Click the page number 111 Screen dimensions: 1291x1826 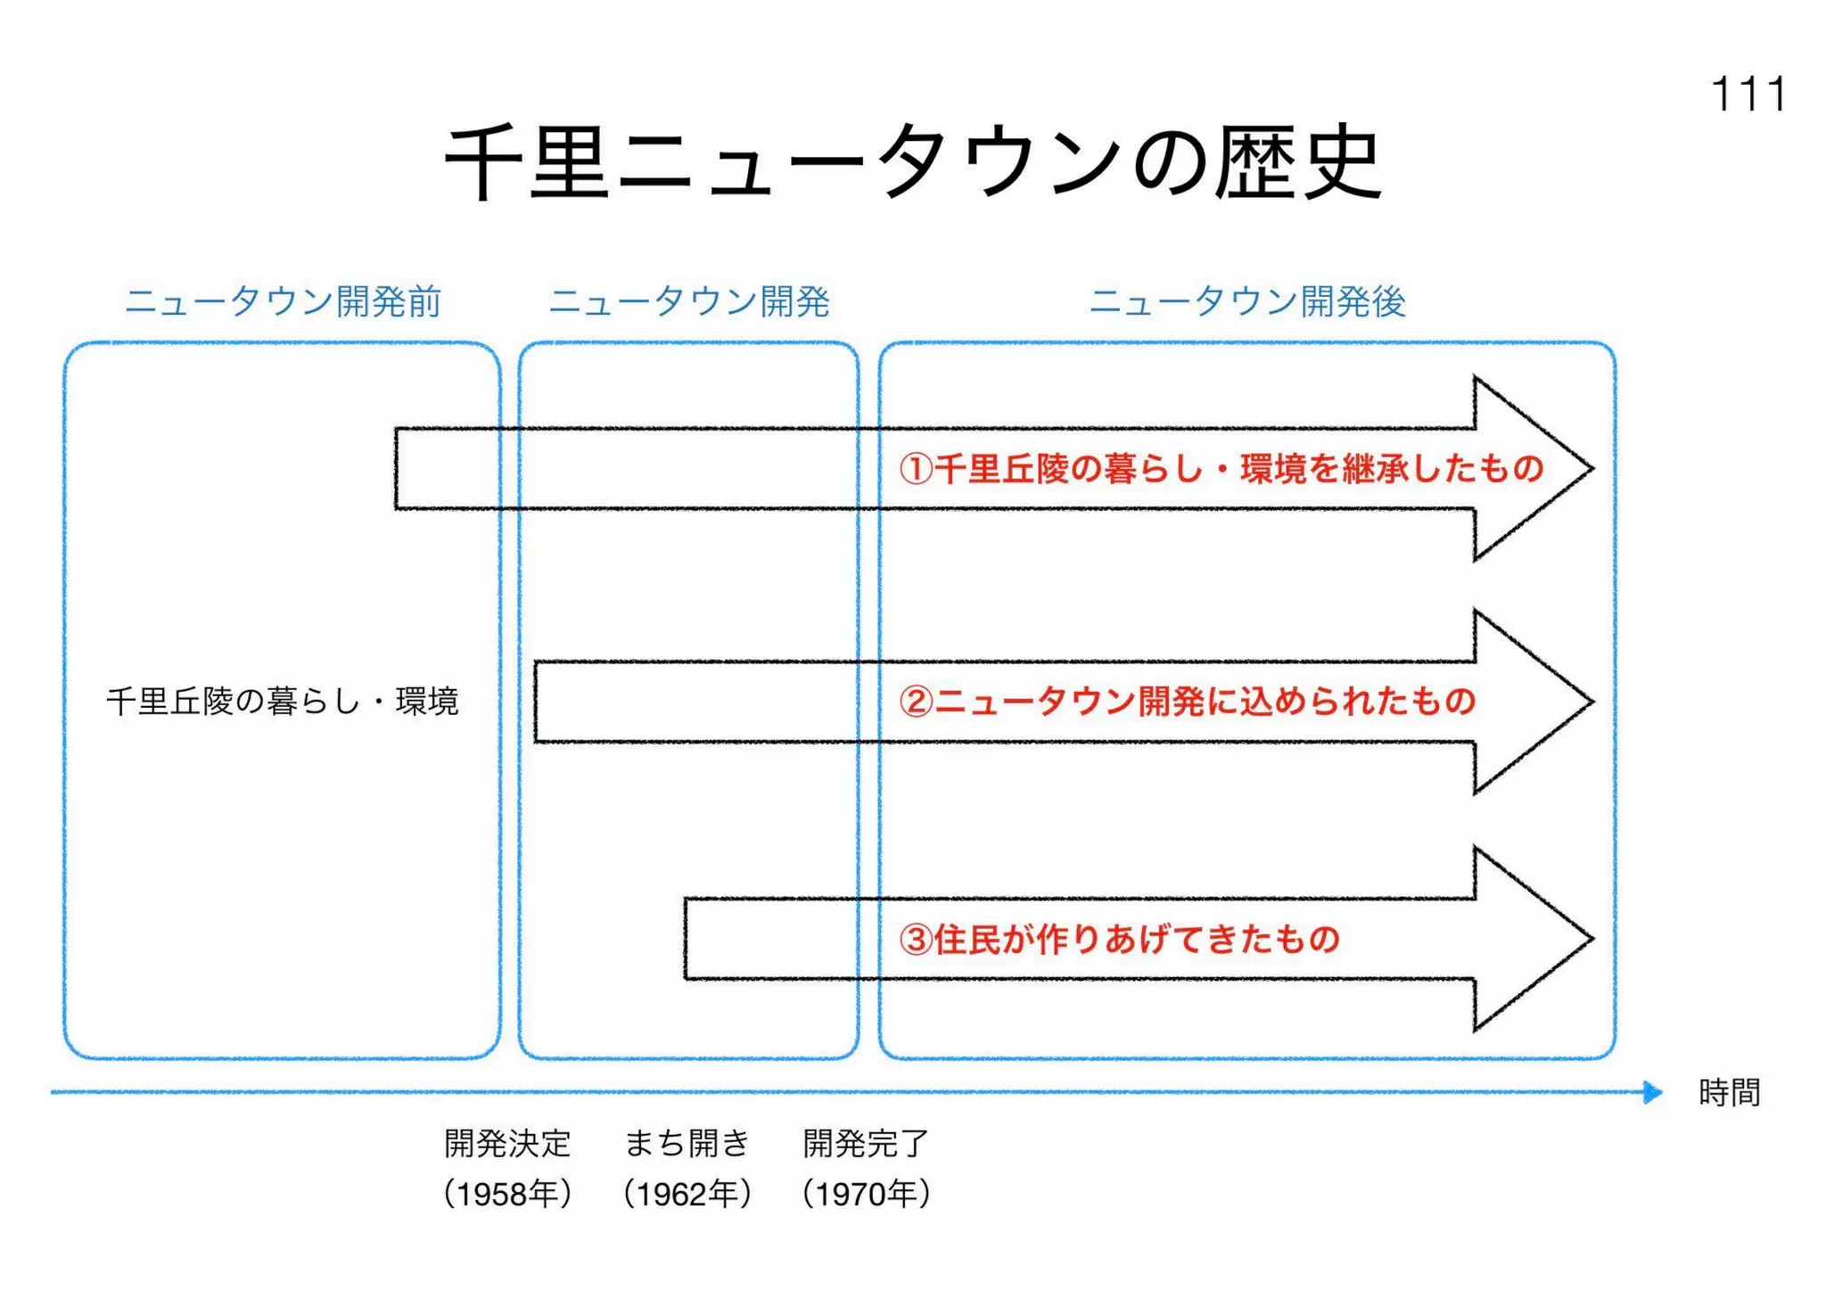[x=1748, y=94]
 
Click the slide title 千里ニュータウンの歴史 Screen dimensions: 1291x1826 [x=913, y=162]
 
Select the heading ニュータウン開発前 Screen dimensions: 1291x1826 [x=283, y=301]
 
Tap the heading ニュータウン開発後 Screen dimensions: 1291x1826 [x=1247, y=301]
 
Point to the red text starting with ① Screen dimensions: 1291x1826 [x=1221, y=468]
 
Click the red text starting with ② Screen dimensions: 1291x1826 [x=1188, y=701]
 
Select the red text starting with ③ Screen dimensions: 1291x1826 [x=1120, y=939]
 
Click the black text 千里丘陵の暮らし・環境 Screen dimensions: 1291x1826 [x=282, y=701]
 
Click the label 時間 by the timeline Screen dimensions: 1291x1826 [x=1729, y=1092]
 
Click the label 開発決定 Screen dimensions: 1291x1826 [x=507, y=1143]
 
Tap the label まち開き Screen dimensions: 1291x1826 [x=687, y=1143]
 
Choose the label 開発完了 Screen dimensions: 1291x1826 [x=866, y=1143]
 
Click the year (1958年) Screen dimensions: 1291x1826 [x=507, y=1193]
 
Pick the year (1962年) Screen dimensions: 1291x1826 [x=687, y=1193]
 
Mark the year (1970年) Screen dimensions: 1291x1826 [x=866, y=1193]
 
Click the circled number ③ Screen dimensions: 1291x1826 [x=916, y=940]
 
